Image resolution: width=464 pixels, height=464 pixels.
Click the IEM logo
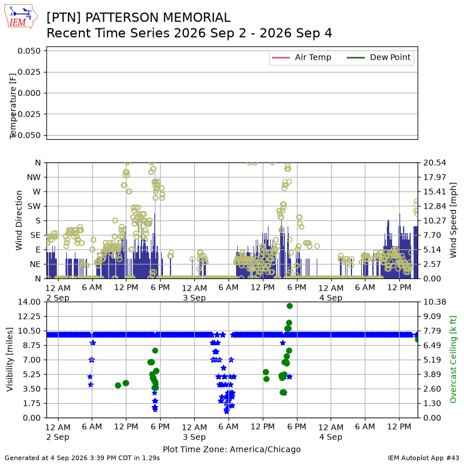coord(21,17)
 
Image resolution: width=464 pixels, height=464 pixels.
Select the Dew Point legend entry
coord(379,57)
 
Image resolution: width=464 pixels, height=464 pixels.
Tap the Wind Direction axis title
coord(19,220)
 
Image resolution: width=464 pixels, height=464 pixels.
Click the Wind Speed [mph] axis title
coord(453,220)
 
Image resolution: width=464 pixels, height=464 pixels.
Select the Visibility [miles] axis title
coord(9,360)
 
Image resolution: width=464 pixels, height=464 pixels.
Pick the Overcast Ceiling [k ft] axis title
coord(453,360)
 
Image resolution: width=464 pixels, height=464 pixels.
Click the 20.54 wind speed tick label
coord(434,163)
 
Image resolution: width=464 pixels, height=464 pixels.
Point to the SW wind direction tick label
coord(34,206)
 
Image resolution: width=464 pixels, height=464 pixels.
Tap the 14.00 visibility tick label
coord(29,302)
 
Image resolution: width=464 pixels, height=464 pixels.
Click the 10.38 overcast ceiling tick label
coord(434,302)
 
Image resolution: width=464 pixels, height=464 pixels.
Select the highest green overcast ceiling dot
coord(289,306)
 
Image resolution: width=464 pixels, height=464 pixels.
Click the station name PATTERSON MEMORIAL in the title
coord(158,17)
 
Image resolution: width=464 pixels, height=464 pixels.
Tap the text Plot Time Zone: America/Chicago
coord(231,449)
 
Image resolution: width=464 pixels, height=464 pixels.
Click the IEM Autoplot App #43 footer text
coord(423,458)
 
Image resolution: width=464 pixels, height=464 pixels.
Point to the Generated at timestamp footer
coord(82,458)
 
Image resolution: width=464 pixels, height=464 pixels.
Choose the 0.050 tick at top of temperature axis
coord(29,51)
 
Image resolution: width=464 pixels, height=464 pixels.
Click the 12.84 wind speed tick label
coord(434,206)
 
